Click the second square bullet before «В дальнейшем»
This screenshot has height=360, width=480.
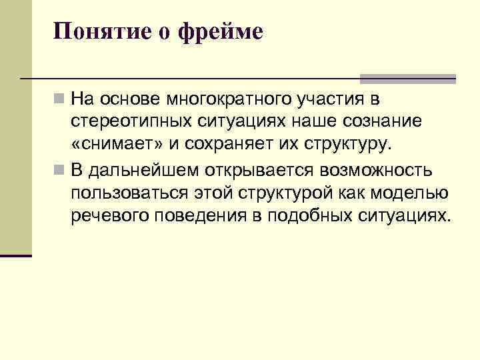[60, 170]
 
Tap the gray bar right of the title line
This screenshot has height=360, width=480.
[408, 78]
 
